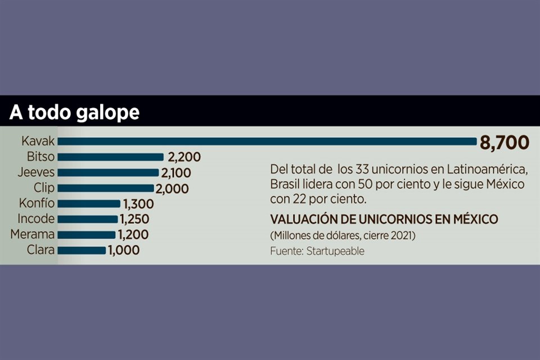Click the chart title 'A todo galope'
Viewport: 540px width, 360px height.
(74, 112)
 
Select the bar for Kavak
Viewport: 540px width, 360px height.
(268, 142)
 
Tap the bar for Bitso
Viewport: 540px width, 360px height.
(111, 157)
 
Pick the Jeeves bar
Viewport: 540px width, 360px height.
(109, 173)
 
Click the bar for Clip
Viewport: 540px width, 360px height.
(106, 188)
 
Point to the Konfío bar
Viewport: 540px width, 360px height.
(89, 204)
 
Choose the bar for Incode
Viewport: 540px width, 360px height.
(88, 219)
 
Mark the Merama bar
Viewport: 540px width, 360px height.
(87, 235)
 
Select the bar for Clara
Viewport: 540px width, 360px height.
(82, 250)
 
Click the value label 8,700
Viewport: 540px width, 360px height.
(505, 143)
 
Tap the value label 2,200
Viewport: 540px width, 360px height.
(183, 157)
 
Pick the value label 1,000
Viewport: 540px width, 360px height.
(123, 250)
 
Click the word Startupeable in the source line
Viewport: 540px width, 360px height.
(335, 251)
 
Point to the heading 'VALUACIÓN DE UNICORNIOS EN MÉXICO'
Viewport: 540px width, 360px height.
(384, 219)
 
